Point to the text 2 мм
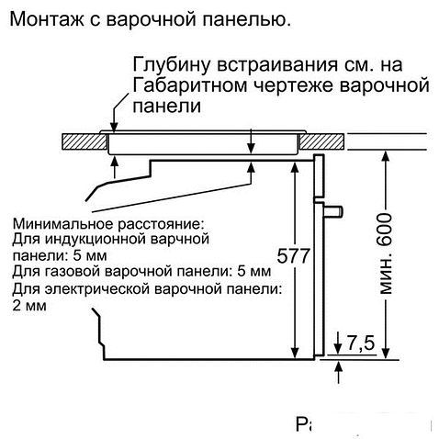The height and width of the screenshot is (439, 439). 30,306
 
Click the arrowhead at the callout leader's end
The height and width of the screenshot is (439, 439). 114,129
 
